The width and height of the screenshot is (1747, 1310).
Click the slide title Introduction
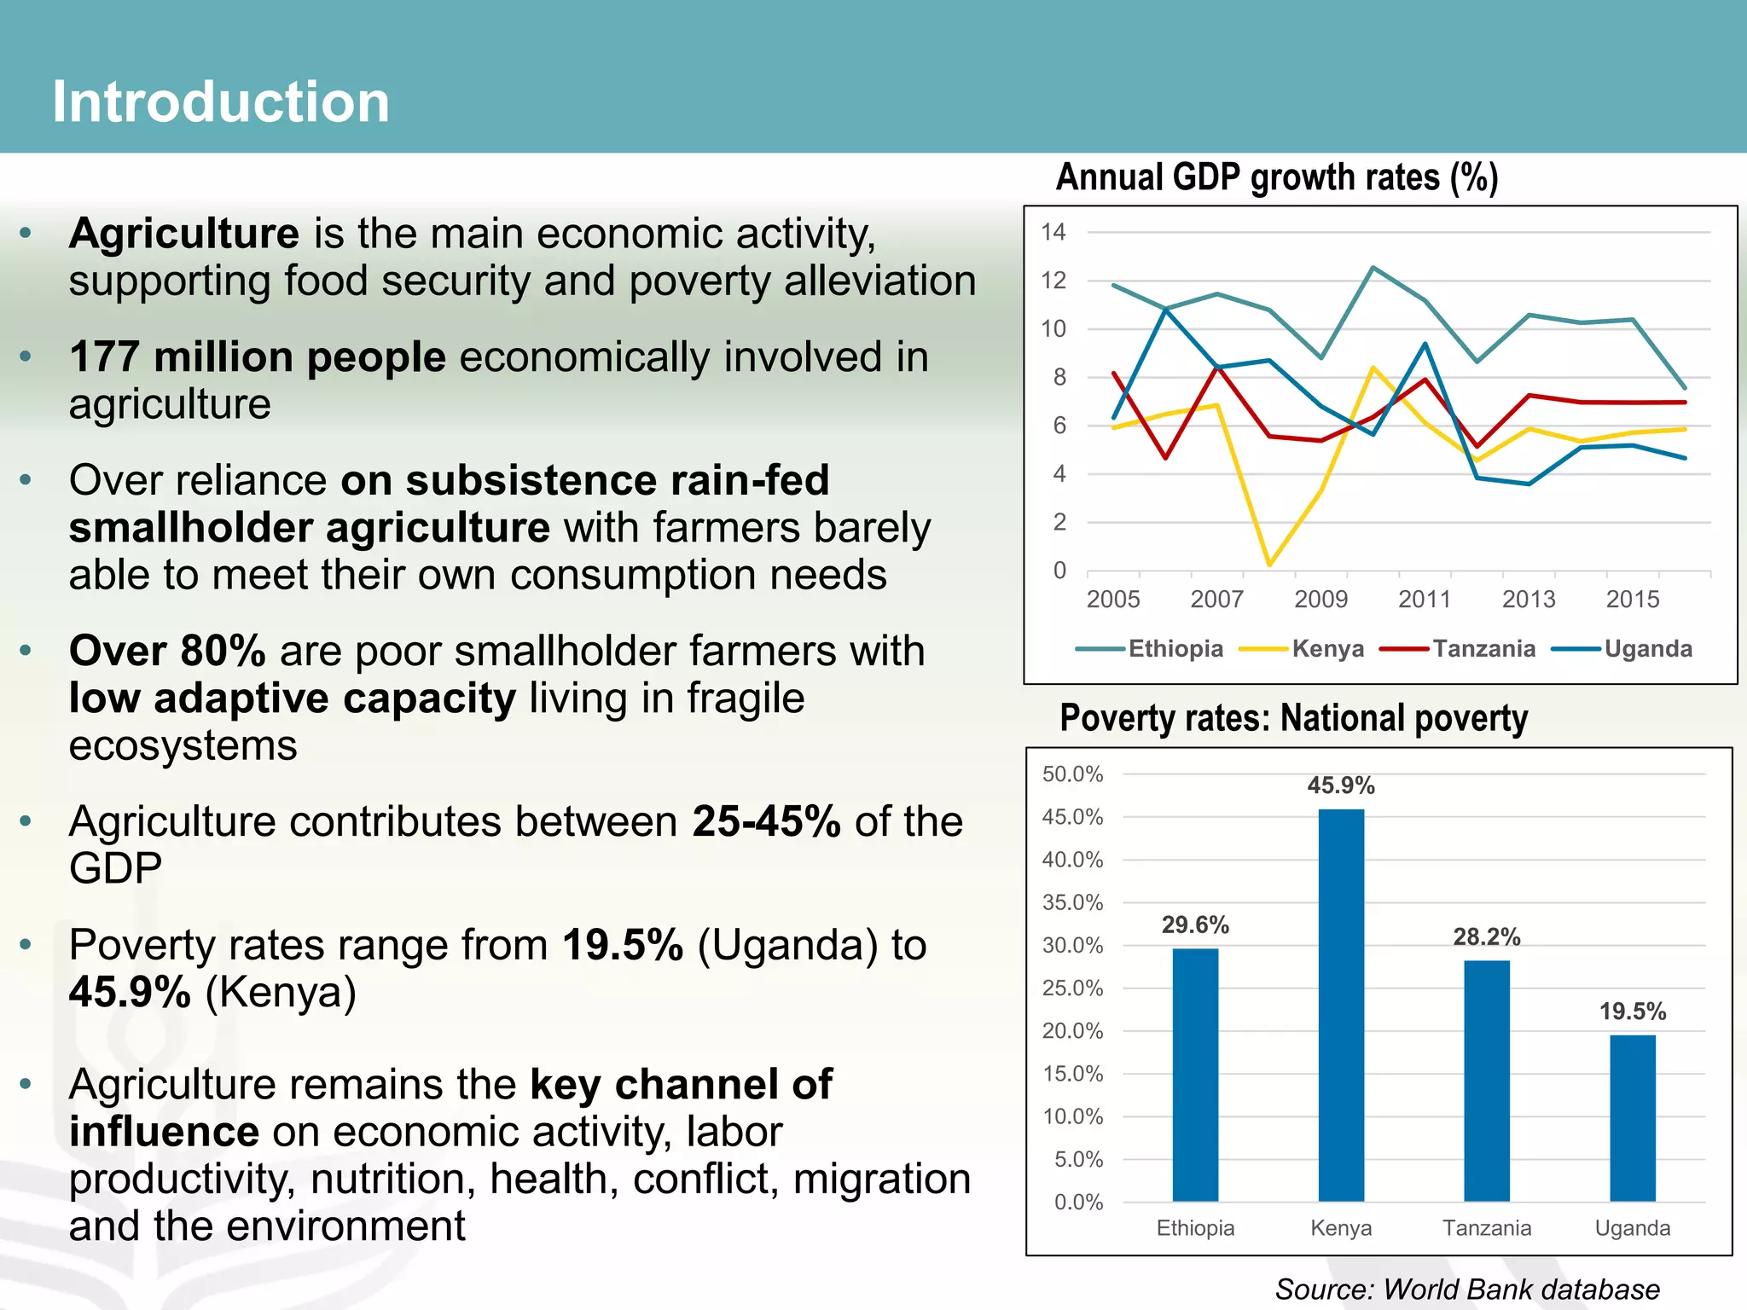click(x=221, y=101)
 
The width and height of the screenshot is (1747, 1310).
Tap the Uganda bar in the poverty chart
click(x=1632, y=1117)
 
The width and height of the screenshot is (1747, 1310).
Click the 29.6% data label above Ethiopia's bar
click(x=1195, y=925)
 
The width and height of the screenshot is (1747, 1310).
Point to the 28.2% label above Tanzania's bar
click(x=1487, y=937)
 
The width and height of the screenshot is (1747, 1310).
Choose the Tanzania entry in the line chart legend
click(x=1483, y=649)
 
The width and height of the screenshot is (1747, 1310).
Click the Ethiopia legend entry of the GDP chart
click(x=1175, y=649)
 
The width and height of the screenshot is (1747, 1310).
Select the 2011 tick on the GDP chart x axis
click(x=1424, y=600)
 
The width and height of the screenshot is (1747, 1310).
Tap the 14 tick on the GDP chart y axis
click(x=1053, y=232)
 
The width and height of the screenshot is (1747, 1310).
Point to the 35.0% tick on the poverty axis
click(x=1072, y=902)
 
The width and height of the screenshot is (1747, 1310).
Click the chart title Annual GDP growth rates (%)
click(x=1276, y=177)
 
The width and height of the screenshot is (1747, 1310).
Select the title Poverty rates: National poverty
click(x=1293, y=718)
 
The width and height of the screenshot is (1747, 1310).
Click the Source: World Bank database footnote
click(x=1467, y=1289)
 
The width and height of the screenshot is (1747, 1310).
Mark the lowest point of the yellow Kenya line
click(x=1269, y=565)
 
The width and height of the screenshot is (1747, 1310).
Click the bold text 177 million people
click(x=258, y=356)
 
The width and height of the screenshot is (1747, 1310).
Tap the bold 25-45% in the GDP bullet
click(x=766, y=821)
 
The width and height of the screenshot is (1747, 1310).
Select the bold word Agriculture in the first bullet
click(x=184, y=234)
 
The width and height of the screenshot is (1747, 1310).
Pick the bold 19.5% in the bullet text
click(x=623, y=945)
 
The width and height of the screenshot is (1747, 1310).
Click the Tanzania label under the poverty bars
click(x=1487, y=1228)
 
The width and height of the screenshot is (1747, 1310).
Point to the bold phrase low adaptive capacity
click(x=293, y=698)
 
